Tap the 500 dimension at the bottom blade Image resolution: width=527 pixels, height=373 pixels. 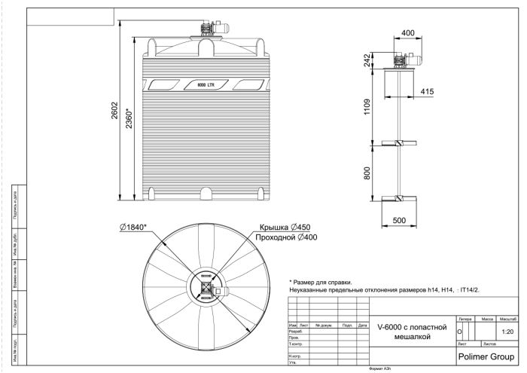(x=398, y=219)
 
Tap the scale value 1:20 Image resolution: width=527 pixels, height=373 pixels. (x=507, y=331)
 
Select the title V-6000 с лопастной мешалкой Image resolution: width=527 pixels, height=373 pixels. (x=411, y=332)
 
